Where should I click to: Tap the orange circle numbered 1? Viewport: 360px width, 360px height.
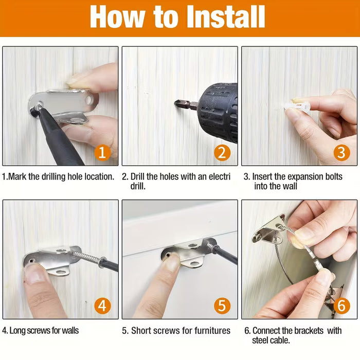(x=102, y=152)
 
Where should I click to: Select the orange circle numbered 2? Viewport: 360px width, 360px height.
(x=222, y=152)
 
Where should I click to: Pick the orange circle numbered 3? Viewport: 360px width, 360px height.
(x=341, y=152)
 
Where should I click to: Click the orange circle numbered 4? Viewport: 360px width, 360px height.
(x=102, y=305)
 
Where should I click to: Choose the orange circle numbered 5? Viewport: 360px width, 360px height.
(x=222, y=305)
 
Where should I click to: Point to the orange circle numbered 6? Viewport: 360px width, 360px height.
(x=341, y=305)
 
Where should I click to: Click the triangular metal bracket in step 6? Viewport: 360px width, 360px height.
(x=269, y=231)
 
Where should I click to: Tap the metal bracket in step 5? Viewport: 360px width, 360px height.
(x=188, y=253)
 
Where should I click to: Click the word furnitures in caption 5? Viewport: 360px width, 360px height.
(x=208, y=330)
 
